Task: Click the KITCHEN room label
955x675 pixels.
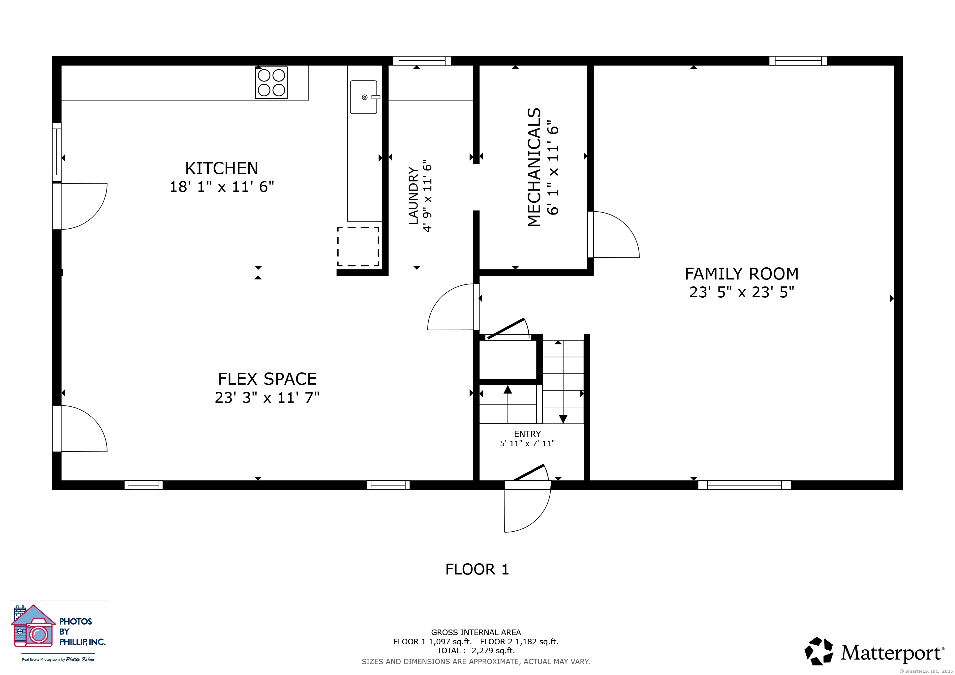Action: tap(222, 168)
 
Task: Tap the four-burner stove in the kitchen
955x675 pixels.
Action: tap(271, 83)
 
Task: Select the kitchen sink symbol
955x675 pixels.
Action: tap(364, 97)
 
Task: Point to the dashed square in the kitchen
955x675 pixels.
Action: tap(358, 247)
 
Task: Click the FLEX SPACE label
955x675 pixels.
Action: tap(267, 379)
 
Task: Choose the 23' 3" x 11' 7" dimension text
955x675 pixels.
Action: tap(267, 398)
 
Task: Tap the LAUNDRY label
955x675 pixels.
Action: tap(413, 196)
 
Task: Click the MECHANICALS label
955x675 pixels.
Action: tap(534, 167)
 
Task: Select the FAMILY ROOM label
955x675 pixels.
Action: tap(742, 274)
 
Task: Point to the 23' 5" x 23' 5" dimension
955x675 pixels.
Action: tap(742, 293)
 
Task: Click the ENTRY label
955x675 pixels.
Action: tap(527, 434)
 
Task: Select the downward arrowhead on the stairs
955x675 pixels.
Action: tap(563, 419)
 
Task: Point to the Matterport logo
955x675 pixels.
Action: tap(874, 651)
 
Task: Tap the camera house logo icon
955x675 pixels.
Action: tap(33, 626)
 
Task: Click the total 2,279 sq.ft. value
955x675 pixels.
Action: tap(493, 651)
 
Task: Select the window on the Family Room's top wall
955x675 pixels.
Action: tap(798, 61)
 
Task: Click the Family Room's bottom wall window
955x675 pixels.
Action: tap(744, 484)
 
